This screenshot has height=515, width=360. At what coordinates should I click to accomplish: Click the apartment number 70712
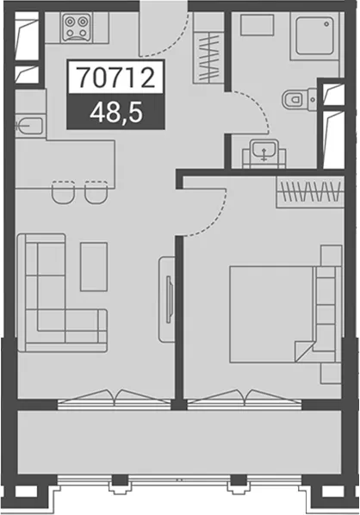[116, 77]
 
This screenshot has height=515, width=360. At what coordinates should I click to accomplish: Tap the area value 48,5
[116, 112]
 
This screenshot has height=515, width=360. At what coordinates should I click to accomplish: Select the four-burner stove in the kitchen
[77, 28]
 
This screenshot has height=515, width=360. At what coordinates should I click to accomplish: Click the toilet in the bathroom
[295, 98]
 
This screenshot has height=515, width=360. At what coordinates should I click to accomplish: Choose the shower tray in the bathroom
[314, 36]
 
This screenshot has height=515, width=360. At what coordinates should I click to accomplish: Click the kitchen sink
[29, 125]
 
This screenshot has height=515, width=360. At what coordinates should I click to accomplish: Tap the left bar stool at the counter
[64, 192]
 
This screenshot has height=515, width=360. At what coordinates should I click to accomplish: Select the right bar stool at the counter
[96, 192]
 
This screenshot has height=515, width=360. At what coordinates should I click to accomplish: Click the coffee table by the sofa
[94, 267]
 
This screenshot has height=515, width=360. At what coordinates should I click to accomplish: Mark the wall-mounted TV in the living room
[170, 300]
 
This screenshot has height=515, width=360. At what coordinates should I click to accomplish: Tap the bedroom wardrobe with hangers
[310, 192]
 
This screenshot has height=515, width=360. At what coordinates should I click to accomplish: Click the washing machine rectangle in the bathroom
[258, 25]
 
